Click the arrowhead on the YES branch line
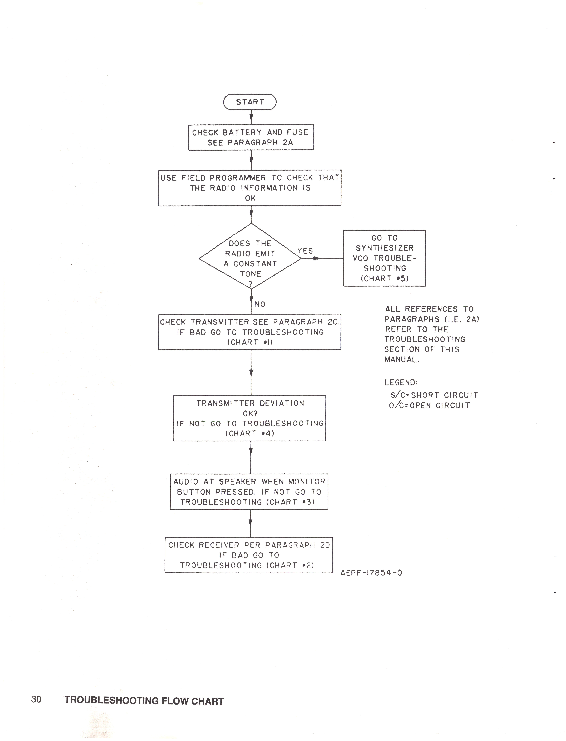316,259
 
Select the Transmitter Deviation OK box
250,418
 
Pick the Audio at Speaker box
249,492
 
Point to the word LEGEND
401,382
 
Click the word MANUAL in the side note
402,360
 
